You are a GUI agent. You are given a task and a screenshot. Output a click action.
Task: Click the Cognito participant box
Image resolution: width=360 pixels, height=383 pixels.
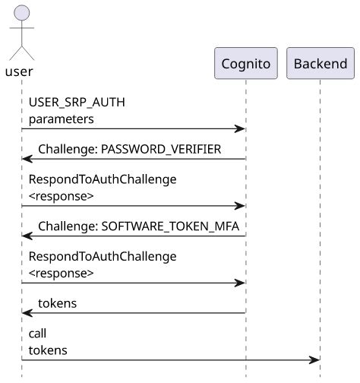[x=246, y=64]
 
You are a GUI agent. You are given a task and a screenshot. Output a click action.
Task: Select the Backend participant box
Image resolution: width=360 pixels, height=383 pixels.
[x=321, y=64]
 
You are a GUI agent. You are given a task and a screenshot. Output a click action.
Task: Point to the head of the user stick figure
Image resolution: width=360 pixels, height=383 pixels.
[x=22, y=12]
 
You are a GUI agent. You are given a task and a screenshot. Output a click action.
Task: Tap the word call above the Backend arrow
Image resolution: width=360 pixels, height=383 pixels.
[x=38, y=334]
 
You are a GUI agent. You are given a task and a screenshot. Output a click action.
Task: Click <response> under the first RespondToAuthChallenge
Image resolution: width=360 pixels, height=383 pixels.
[x=61, y=195]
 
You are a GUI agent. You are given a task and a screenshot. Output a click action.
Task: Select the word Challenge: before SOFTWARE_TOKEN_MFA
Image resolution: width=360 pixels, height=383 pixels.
[x=67, y=226]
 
